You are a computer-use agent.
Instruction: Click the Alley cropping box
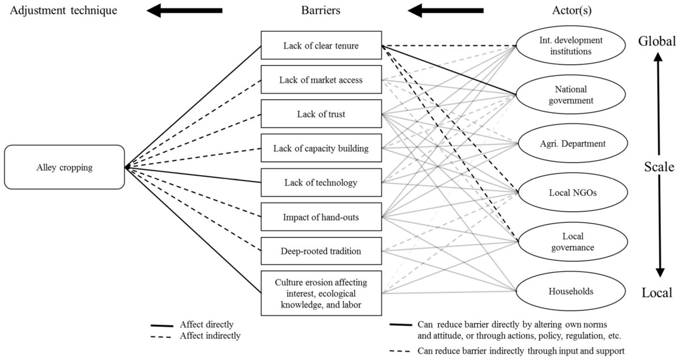(x=64, y=167)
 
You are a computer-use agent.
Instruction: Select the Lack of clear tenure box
(x=321, y=45)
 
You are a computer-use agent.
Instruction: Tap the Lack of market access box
(x=321, y=80)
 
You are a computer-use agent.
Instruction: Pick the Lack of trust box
(x=321, y=114)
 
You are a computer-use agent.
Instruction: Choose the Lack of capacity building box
(x=321, y=148)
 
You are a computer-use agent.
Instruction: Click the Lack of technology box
(x=321, y=183)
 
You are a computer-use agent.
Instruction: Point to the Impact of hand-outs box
(x=321, y=217)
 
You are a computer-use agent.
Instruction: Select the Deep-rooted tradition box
(x=321, y=251)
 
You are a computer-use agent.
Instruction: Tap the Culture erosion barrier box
(x=321, y=293)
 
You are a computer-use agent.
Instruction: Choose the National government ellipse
(x=571, y=95)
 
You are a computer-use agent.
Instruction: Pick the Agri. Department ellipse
(x=571, y=144)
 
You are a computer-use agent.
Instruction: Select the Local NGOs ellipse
(x=571, y=193)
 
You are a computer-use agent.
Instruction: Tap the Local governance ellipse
(x=571, y=242)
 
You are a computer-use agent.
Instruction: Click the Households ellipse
(x=571, y=291)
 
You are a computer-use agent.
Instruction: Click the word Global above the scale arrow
(x=657, y=41)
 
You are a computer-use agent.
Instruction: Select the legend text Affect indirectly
(x=210, y=336)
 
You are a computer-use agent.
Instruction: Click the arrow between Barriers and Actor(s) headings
(x=446, y=10)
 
